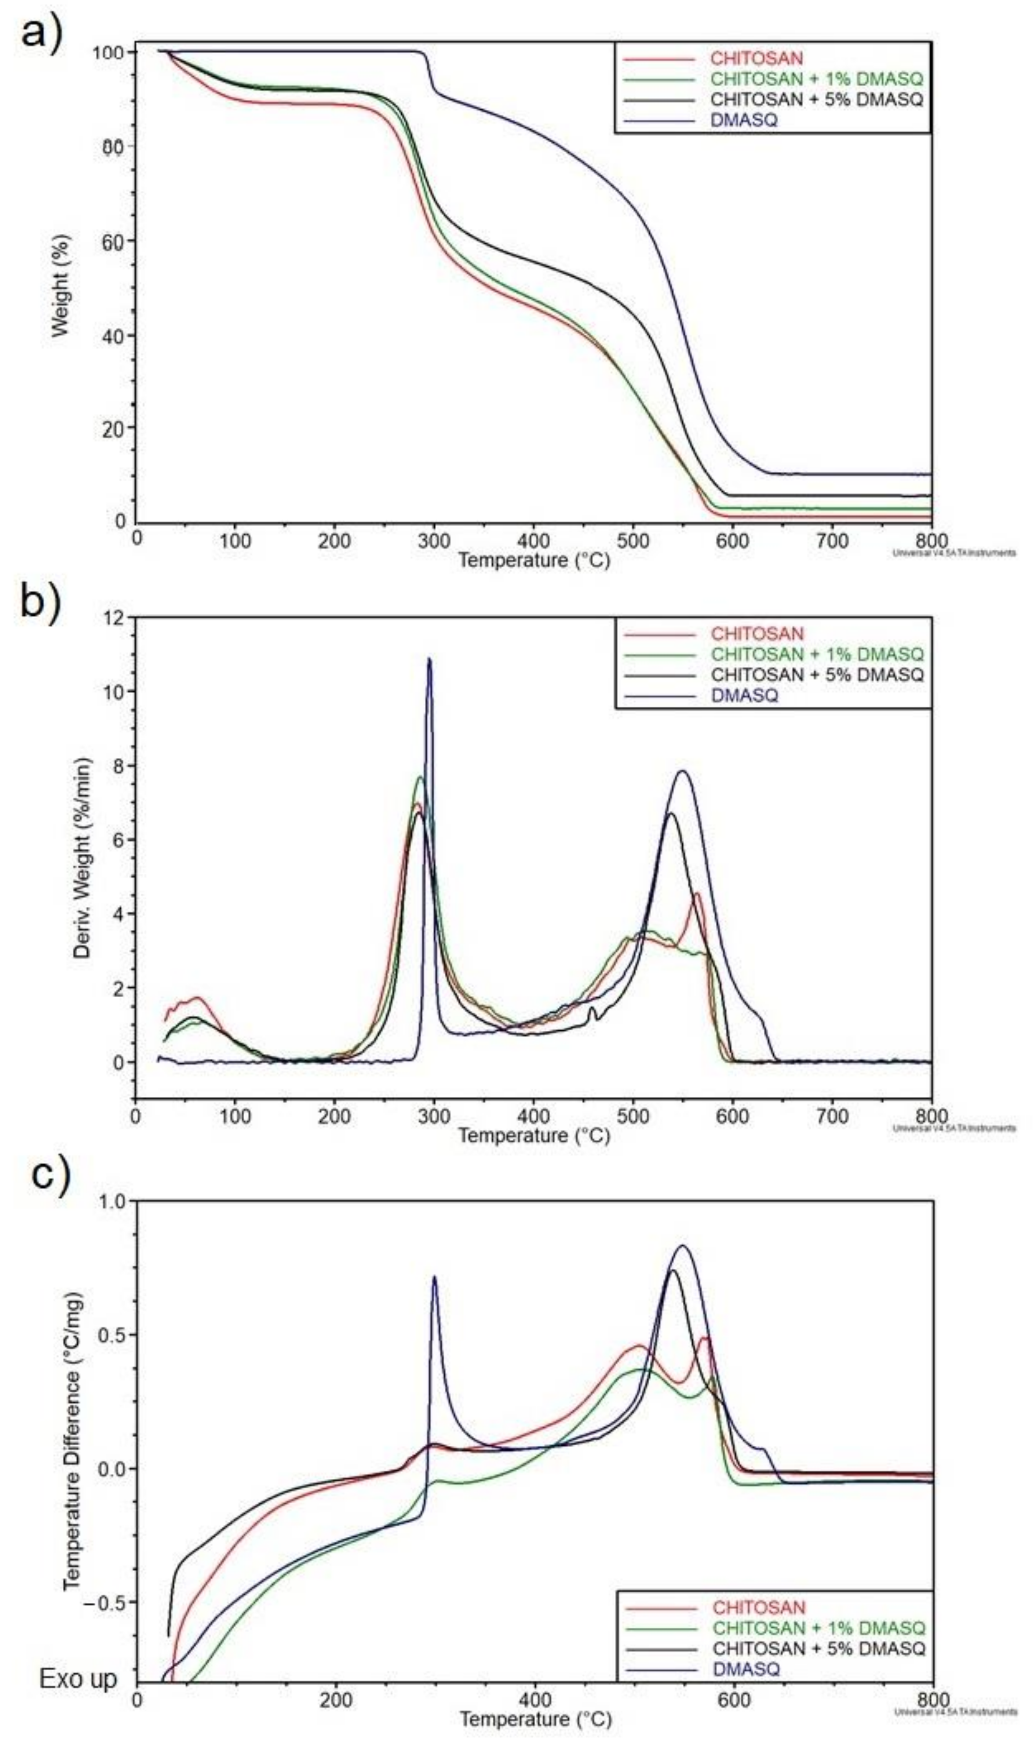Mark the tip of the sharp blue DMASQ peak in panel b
(429, 658)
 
